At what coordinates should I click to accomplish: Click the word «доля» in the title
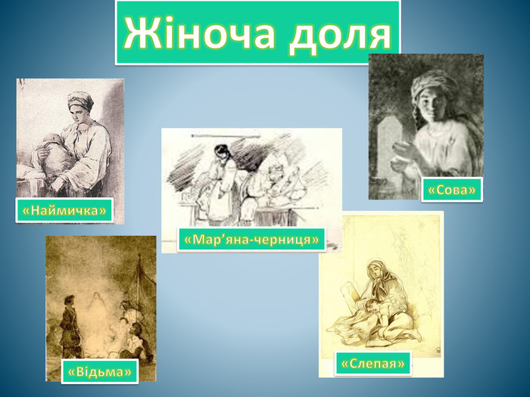click(340, 35)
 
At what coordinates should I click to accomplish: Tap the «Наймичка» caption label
click(64, 211)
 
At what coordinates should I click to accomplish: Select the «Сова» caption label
click(452, 190)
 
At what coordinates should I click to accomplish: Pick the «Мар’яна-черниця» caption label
click(251, 240)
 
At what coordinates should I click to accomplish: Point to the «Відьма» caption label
click(100, 372)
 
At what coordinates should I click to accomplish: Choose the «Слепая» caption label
click(373, 364)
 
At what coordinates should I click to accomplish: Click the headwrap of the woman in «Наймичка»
click(80, 100)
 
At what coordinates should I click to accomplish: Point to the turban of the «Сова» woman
click(434, 84)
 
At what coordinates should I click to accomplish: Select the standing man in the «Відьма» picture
click(70, 326)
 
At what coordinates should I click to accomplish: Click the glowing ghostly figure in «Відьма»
click(98, 304)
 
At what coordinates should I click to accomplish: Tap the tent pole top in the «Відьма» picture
click(139, 256)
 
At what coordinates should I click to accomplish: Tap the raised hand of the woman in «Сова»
click(403, 149)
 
